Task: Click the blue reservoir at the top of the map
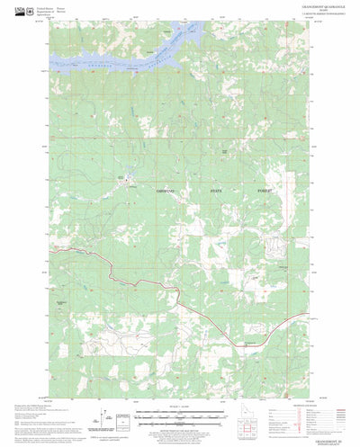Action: [135, 59]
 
